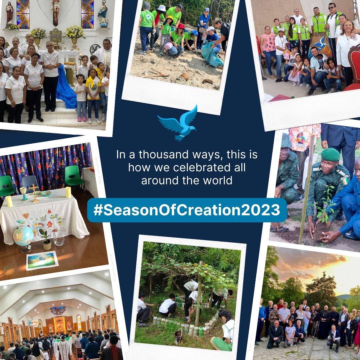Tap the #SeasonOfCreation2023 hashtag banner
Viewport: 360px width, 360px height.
click(x=187, y=210)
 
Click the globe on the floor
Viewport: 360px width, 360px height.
click(x=23, y=236)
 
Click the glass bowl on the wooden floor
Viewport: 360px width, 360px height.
click(x=59, y=241)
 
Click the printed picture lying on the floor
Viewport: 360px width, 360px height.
click(x=42, y=260)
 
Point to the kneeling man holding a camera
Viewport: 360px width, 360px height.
click(x=333, y=337)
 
